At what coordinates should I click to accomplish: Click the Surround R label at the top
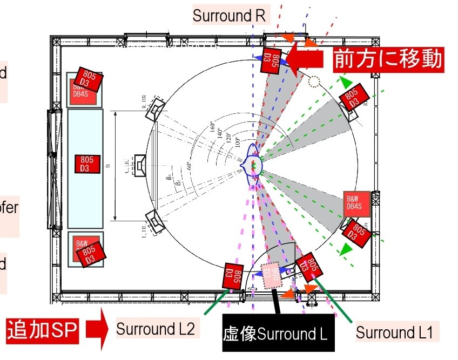point(229,16)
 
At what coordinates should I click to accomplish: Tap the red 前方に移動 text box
point(388,59)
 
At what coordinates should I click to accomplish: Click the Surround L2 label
point(156,328)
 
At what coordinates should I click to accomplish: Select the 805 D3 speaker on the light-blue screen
point(87,164)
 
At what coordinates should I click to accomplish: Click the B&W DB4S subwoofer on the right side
point(355,202)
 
